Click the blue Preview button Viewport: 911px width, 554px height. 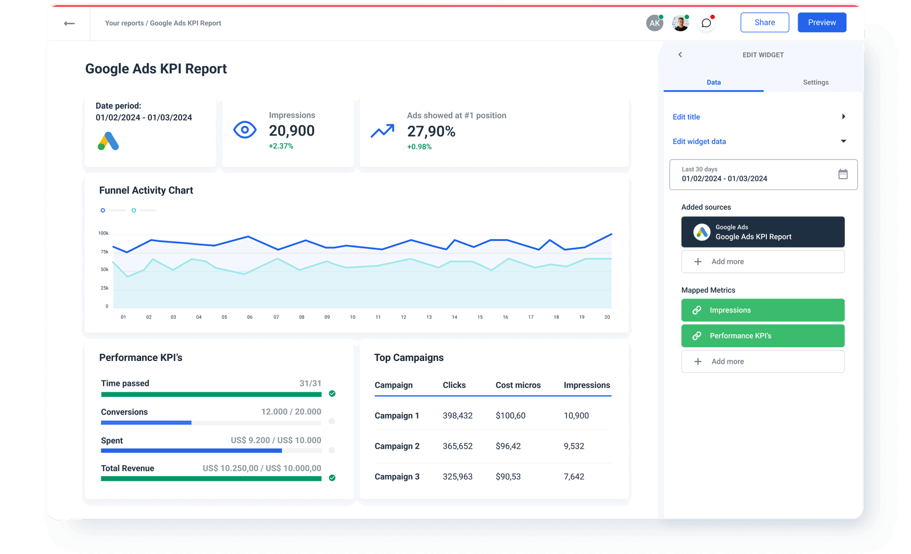822,23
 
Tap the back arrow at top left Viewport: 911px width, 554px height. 69,23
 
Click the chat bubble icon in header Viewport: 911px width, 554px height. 706,23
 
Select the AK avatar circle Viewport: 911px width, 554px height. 655,23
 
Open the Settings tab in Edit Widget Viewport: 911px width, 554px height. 815,83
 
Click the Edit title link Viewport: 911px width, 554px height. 686,117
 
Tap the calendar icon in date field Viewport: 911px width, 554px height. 843,174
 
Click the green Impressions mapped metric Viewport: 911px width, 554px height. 762,310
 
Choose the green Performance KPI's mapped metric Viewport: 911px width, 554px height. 762,336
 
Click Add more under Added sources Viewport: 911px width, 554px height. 762,262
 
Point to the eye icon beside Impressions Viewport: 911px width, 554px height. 245,130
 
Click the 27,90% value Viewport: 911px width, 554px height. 431,132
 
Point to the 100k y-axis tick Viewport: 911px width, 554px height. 103,233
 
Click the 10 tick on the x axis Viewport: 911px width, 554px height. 352,317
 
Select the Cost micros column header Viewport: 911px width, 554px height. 518,385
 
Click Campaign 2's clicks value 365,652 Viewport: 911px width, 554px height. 457,446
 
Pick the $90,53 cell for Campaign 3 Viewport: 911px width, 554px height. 508,477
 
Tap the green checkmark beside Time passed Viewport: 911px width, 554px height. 332,393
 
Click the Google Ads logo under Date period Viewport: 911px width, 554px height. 108,141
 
